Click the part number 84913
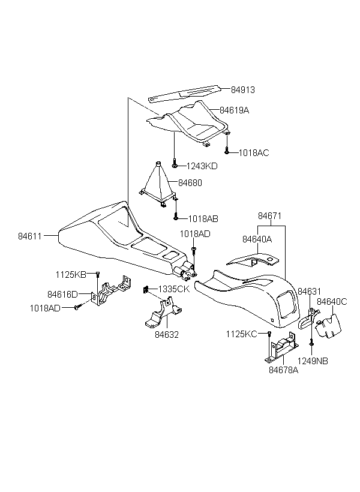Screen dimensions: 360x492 [x=243, y=90]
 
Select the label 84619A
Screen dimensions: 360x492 [x=234, y=110]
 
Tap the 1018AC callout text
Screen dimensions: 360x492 [x=254, y=153]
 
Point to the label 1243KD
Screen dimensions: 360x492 [x=202, y=166]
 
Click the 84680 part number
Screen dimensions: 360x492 [x=190, y=182]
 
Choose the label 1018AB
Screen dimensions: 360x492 [x=203, y=219]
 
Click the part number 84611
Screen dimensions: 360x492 [x=30, y=236]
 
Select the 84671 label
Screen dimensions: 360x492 [x=269, y=216]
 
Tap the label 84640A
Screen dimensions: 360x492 [x=257, y=239]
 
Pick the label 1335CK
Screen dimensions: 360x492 [x=174, y=289]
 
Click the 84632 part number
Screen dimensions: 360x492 [x=167, y=335]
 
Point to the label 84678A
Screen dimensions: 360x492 [x=283, y=370]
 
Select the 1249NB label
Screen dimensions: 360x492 [x=313, y=361]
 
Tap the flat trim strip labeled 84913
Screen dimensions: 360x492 [x=184, y=93]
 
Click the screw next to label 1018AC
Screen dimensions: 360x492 [x=227, y=146]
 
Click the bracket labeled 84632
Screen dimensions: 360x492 [x=163, y=313]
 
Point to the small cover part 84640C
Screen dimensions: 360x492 [x=328, y=326]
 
